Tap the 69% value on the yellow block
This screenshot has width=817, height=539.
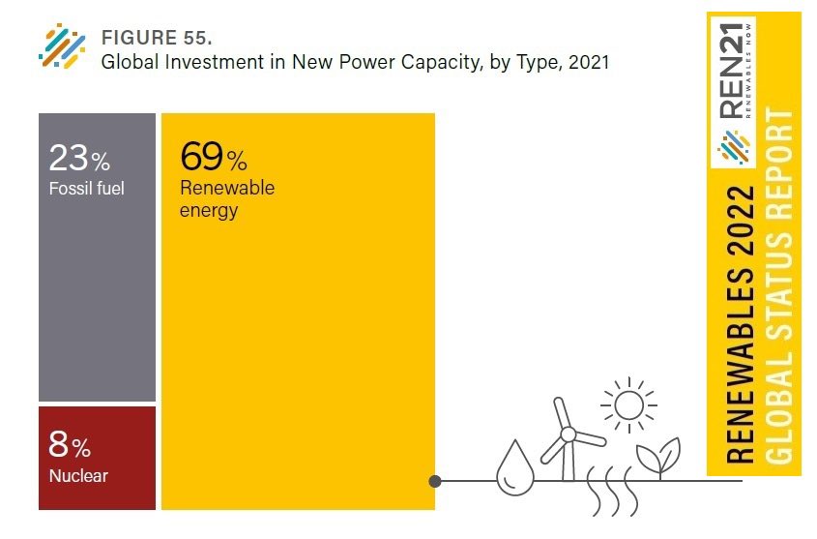214,156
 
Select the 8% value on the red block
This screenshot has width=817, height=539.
70,446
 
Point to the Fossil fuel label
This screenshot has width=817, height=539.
87,187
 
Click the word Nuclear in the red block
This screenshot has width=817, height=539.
78,476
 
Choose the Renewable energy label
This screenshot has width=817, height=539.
227,197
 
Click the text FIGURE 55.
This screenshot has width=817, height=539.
156,39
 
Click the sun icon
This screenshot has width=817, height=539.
627,404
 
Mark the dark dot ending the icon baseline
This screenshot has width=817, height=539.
435,480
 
